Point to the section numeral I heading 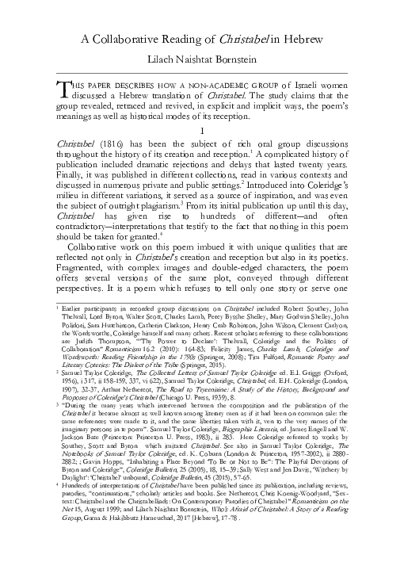pyautogui.click(x=203, y=130)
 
